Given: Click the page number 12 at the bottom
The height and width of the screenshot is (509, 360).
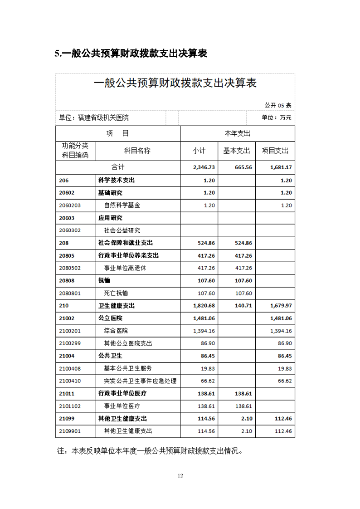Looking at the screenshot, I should click(180, 475).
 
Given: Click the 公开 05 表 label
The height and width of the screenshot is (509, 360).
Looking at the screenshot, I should click(278, 105).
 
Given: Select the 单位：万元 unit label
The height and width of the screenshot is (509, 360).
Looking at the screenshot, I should click(276, 117).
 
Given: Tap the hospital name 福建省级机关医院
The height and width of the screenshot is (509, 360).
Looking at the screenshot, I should click(103, 117).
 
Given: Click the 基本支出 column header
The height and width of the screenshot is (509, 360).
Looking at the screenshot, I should click(237, 151).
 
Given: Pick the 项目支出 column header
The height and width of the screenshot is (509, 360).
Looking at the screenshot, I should click(275, 151).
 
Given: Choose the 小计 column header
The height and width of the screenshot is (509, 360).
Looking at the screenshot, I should click(199, 151).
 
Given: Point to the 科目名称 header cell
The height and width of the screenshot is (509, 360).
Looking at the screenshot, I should click(137, 151).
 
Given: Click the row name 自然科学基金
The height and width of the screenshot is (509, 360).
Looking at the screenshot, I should click(122, 205).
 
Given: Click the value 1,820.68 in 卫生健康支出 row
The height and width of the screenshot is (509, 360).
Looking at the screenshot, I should click(204, 306).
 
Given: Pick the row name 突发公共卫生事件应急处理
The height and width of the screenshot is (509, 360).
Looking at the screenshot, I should click(140, 381).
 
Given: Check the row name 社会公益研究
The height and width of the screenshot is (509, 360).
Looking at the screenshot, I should click(122, 230).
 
